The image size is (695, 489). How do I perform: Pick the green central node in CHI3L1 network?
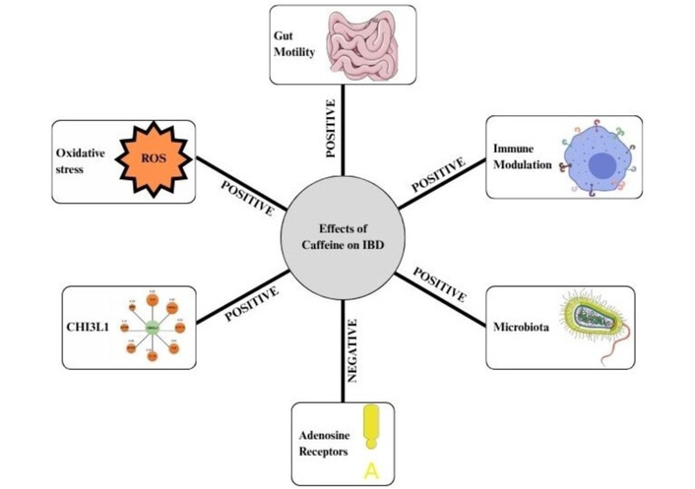click(x=153, y=328)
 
